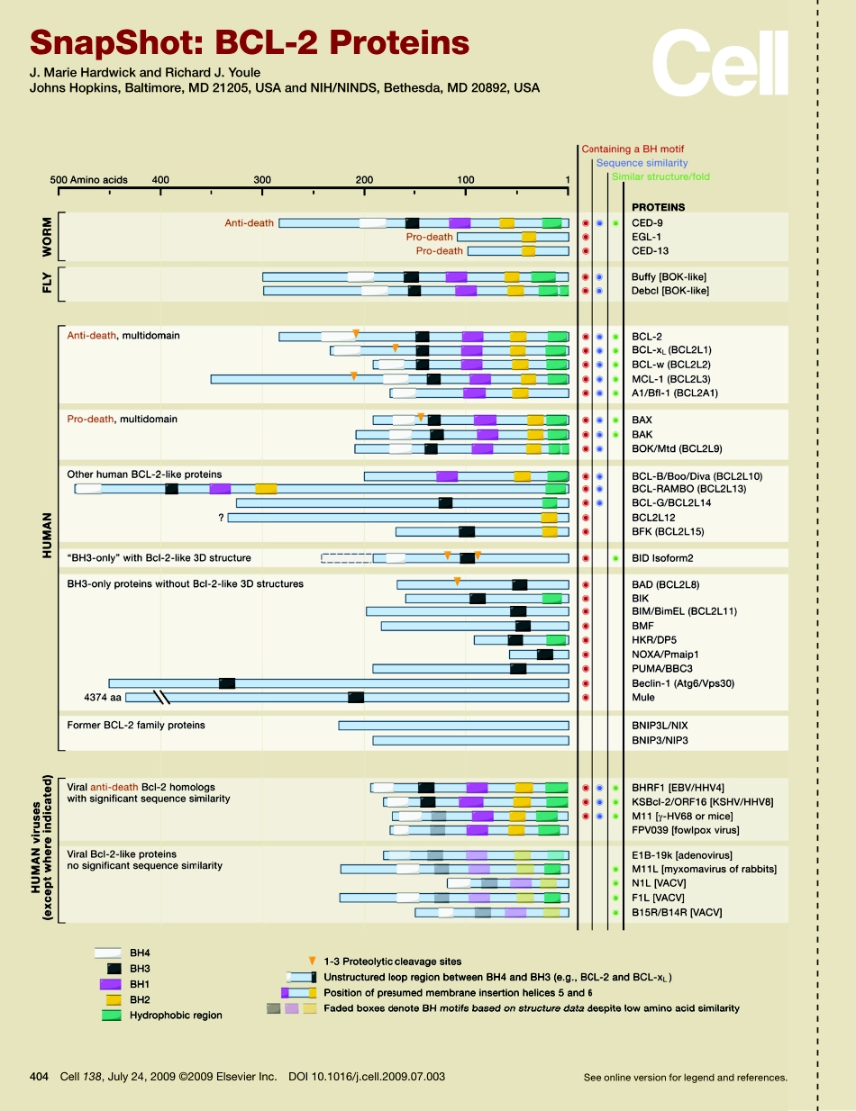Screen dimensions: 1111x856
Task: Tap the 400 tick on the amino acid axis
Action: tap(160, 180)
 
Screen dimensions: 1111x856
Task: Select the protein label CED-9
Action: tap(648, 222)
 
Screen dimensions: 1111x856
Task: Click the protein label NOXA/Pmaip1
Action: tap(666, 655)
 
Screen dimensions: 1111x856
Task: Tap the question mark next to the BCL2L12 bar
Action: tap(220, 518)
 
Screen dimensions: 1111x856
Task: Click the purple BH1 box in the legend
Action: tap(110, 984)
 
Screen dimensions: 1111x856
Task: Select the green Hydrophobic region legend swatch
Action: tap(110, 1015)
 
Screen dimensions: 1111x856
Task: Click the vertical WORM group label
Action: tap(47, 237)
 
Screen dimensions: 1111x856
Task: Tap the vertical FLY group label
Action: tap(47, 285)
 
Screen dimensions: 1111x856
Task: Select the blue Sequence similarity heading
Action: tap(641, 164)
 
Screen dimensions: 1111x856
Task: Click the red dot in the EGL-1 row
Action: tap(586, 237)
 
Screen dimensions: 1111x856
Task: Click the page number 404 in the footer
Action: tap(39, 1077)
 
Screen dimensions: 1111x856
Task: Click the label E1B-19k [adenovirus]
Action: tap(681, 854)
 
